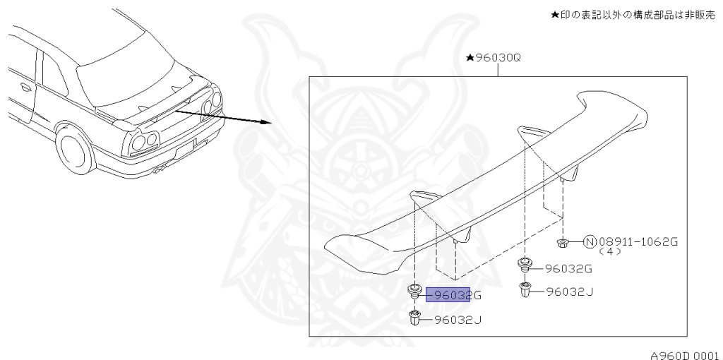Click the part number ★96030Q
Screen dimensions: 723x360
click(x=494, y=58)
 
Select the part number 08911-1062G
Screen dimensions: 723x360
click(x=638, y=241)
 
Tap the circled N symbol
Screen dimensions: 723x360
click(x=590, y=241)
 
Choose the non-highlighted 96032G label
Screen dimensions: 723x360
click(x=568, y=268)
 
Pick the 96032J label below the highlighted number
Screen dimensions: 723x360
click(x=458, y=320)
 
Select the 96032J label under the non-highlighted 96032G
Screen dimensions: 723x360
click(x=570, y=292)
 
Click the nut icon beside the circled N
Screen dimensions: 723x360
click(x=562, y=242)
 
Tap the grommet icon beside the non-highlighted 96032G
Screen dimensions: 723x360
click(x=525, y=265)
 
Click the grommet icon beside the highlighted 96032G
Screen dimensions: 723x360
click(x=415, y=292)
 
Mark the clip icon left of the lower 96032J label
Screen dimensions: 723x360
click(x=415, y=318)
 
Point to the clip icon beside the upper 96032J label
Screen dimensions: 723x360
click(x=525, y=289)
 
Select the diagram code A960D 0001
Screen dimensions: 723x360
click(x=685, y=355)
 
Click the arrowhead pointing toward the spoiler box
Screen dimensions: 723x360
click(x=265, y=122)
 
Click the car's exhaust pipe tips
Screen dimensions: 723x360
click(x=160, y=170)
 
